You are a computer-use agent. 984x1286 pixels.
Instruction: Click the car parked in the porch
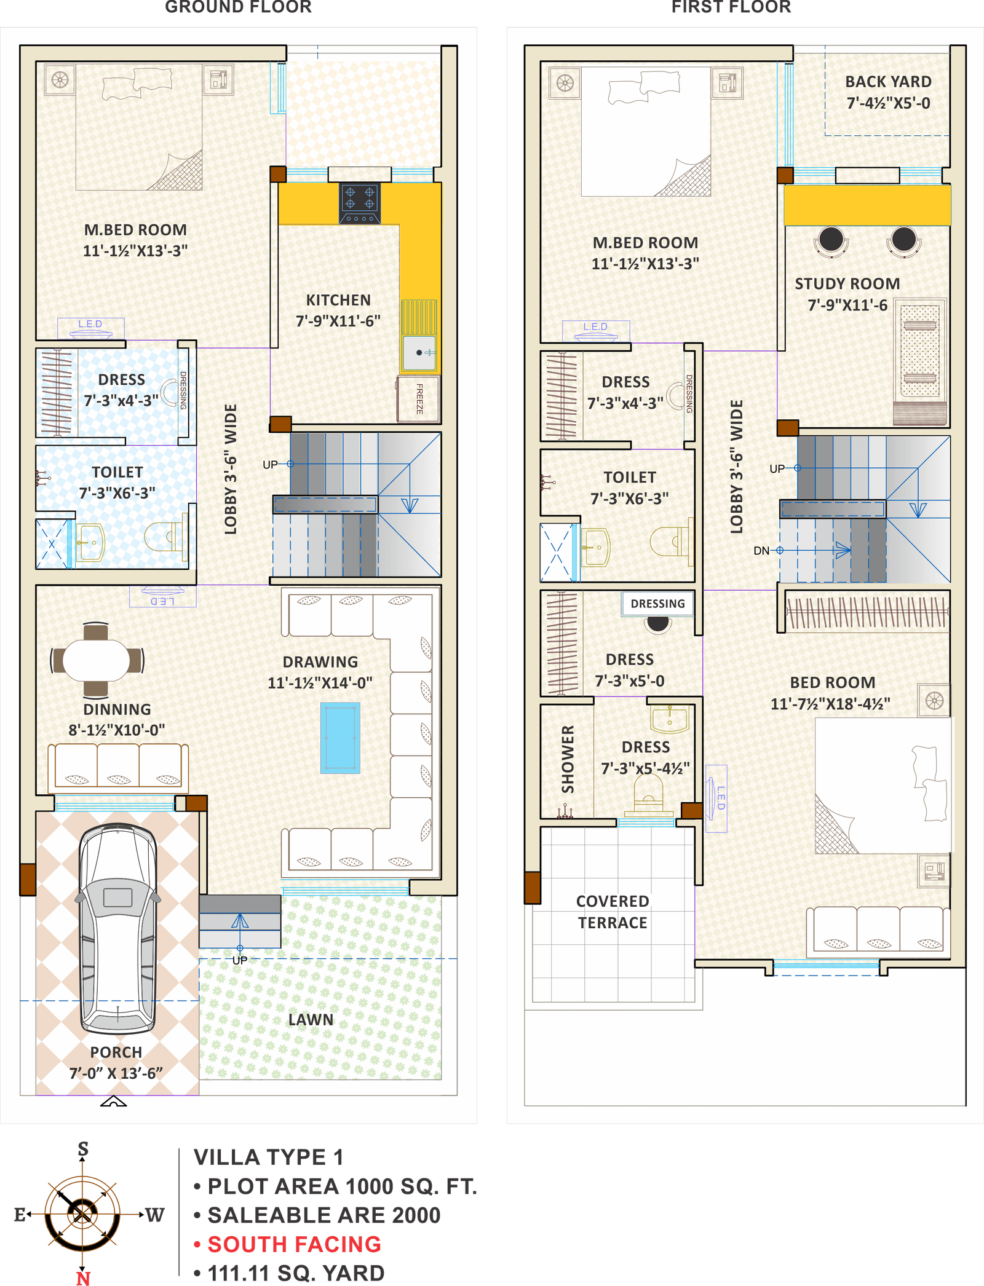click(117, 928)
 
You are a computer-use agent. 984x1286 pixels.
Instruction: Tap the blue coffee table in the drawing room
click(340, 738)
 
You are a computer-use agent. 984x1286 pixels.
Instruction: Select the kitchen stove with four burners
click(360, 203)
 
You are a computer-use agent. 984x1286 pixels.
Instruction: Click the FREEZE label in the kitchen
click(419, 399)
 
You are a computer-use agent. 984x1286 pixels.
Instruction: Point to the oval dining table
click(97, 661)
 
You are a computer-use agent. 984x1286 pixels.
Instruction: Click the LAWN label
click(311, 1020)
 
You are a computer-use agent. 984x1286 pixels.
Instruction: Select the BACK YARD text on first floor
click(887, 82)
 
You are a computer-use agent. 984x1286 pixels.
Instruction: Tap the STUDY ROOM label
click(847, 284)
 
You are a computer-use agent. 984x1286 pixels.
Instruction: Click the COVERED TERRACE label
click(612, 912)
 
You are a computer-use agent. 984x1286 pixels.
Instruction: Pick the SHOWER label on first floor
click(568, 759)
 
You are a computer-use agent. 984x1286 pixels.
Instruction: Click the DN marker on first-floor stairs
click(761, 551)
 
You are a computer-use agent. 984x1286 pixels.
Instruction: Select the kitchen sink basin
click(419, 352)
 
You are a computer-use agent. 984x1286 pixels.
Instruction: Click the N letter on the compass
click(83, 1277)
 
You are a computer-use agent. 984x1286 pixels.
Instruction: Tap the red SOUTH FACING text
click(294, 1244)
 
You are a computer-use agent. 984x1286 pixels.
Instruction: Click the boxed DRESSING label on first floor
click(657, 604)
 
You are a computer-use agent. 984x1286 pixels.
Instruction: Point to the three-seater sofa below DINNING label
click(118, 766)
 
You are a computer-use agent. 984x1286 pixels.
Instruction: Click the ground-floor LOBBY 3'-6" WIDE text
click(231, 469)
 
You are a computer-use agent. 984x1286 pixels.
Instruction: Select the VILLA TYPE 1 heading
click(268, 1157)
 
